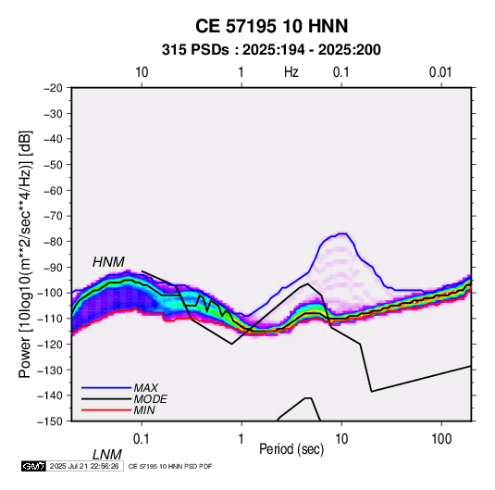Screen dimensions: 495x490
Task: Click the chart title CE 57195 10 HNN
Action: click(x=271, y=26)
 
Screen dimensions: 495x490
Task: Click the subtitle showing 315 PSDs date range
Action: click(x=271, y=50)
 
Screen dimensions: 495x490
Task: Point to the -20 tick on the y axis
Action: click(x=53, y=88)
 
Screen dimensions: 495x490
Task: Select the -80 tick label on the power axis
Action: click(x=53, y=242)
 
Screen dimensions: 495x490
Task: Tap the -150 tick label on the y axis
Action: click(x=51, y=421)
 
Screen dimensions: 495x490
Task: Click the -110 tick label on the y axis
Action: click(x=51, y=319)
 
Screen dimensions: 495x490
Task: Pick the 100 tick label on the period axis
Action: click(x=441, y=439)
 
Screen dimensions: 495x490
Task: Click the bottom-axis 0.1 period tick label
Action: click(x=142, y=439)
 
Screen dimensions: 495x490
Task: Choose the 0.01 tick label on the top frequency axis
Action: click(x=440, y=72)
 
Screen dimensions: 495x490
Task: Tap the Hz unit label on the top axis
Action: click(x=291, y=72)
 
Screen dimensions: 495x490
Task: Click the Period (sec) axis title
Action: click(x=291, y=449)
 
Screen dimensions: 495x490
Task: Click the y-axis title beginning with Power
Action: click(x=25, y=254)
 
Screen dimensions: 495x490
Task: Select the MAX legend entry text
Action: click(x=145, y=387)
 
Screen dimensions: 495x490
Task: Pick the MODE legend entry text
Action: click(x=150, y=399)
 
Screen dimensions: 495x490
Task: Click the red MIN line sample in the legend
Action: click(x=106, y=410)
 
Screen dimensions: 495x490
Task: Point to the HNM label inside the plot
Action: click(x=108, y=262)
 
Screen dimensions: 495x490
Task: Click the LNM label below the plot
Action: click(x=107, y=455)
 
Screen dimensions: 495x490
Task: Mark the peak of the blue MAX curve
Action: click(x=342, y=233)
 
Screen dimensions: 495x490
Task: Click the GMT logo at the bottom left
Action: click(x=33, y=466)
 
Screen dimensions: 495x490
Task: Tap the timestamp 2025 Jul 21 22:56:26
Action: click(x=84, y=466)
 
